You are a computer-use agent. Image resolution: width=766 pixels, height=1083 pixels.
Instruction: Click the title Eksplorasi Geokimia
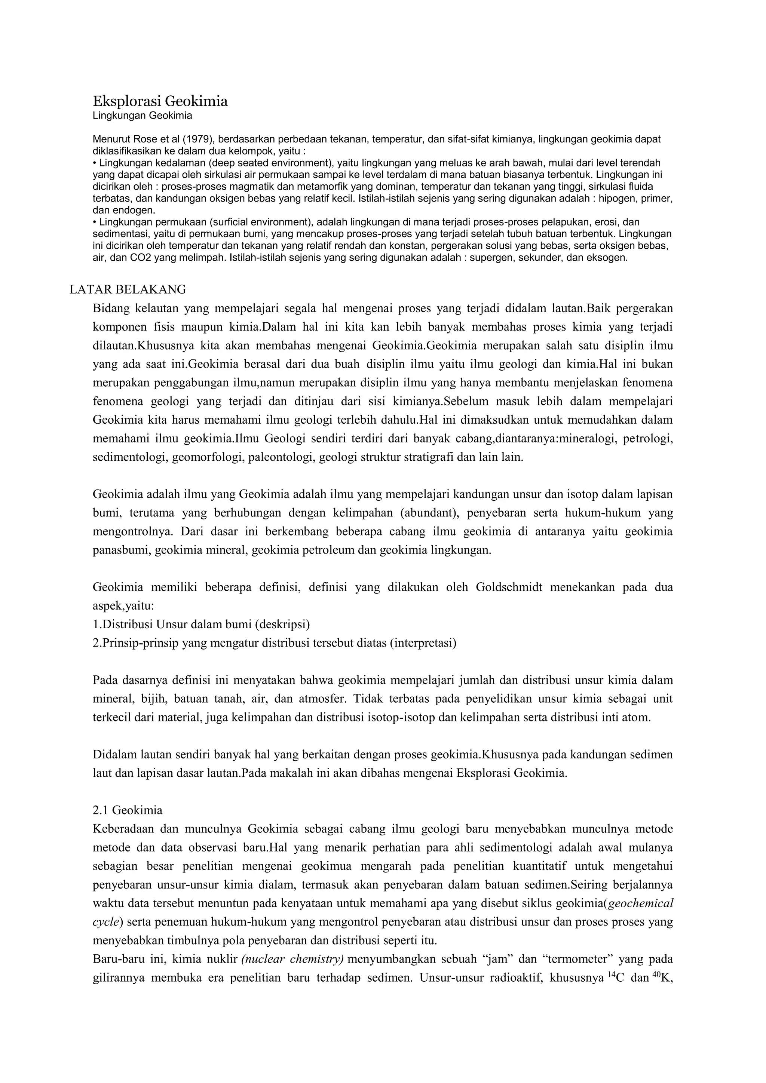[160, 101]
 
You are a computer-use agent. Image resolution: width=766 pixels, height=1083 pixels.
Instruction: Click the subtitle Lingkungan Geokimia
[142, 116]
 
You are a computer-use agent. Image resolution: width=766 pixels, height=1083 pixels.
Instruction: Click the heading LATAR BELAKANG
[128, 289]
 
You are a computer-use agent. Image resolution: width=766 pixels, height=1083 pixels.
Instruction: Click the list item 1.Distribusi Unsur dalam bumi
[201, 625]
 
